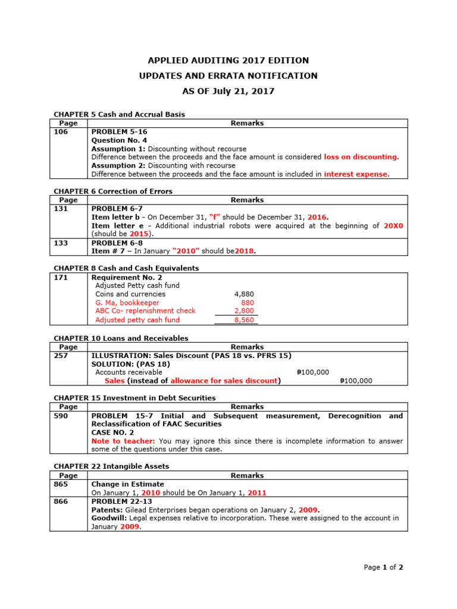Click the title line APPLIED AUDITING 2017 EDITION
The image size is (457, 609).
point(228,61)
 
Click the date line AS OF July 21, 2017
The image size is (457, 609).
point(228,91)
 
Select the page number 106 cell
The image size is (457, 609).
point(61,132)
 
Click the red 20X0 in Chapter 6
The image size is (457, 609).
point(393,226)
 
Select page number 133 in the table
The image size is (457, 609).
point(61,243)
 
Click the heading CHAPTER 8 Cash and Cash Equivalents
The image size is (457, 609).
point(126,268)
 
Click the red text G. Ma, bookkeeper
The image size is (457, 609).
point(127,303)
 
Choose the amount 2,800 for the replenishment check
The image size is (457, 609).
point(245,311)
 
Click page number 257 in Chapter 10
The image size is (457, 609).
point(61,356)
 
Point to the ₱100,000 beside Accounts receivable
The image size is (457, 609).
point(312,372)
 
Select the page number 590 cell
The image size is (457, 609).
point(61,416)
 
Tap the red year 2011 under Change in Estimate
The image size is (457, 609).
point(257,493)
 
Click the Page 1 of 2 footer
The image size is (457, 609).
point(383,567)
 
